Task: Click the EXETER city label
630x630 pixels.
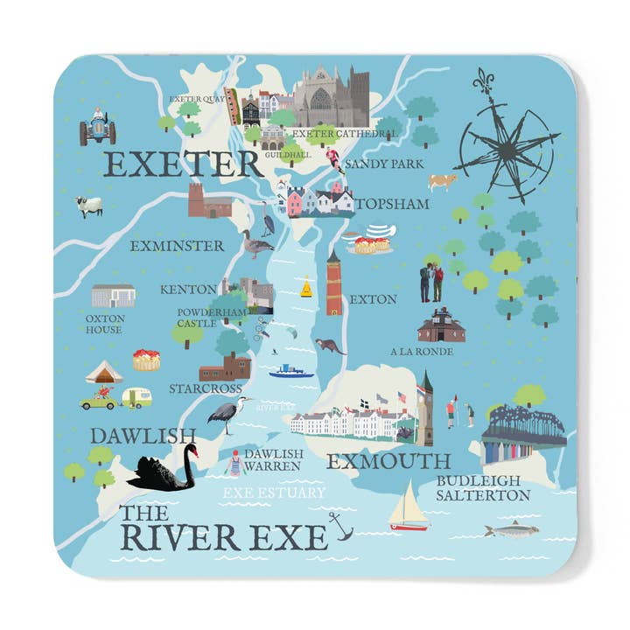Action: coord(182,163)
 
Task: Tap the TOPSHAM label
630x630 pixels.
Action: coord(393,204)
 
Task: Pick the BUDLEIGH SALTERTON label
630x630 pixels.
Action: coord(483,488)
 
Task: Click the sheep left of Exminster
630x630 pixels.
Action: coord(88,206)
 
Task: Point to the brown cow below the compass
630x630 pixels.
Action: coord(443,181)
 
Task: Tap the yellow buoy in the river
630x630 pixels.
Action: coord(306,287)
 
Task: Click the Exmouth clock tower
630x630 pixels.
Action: coord(425,407)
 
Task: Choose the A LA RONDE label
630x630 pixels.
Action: coord(421,352)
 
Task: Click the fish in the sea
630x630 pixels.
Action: coord(511,529)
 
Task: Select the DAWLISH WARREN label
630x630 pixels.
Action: coord(273,460)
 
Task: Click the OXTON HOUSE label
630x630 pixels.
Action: coord(104,324)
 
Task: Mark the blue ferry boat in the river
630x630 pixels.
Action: coord(290,371)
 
